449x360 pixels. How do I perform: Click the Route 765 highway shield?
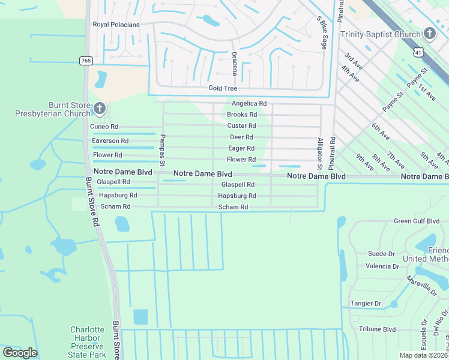pos(85,61)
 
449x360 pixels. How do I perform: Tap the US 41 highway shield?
pos(418,53)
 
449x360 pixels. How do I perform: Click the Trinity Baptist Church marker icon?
pos(430,34)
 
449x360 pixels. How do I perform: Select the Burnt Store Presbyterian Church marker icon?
pos(100,109)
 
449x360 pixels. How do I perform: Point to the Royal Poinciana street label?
pos(116,25)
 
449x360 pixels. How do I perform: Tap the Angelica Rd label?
pos(246,104)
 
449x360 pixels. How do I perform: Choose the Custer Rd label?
pos(241,126)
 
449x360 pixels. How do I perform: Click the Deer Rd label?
pos(241,137)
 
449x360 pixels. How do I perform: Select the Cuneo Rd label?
pos(104,127)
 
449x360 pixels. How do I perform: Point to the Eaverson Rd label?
pos(110,141)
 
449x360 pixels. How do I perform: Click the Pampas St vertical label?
pos(162,147)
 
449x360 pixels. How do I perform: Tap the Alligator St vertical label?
pos(320,150)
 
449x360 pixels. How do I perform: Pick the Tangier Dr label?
pos(365,304)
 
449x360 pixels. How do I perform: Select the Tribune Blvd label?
pos(378,329)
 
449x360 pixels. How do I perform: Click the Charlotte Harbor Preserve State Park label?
pos(88,342)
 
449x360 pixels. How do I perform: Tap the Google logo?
pos(20,353)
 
